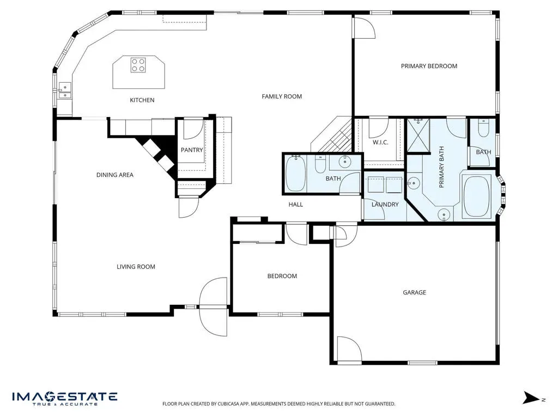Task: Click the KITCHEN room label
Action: (142, 100)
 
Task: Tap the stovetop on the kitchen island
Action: (138, 65)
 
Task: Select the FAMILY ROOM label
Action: (282, 96)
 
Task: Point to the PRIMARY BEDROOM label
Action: (429, 66)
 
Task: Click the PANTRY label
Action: (192, 150)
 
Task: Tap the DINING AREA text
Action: (115, 175)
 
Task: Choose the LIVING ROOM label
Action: (136, 267)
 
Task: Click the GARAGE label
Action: (414, 292)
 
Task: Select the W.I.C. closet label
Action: (380, 143)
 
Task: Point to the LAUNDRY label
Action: (385, 205)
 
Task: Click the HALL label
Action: (296, 205)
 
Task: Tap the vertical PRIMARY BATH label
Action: (441, 167)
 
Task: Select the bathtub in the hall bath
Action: (295, 173)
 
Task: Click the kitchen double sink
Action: (65, 90)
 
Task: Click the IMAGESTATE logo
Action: (65, 398)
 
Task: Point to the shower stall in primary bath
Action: (418, 136)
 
